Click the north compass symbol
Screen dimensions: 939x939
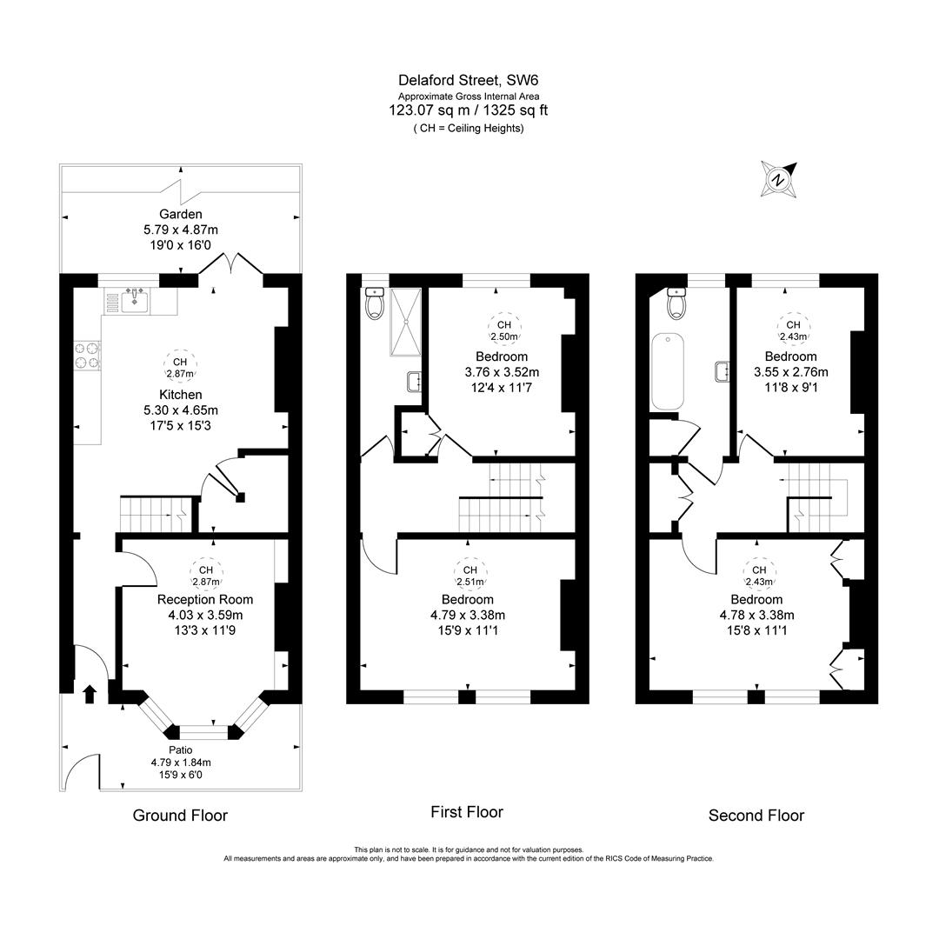coord(777,179)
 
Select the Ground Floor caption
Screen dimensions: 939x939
coord(180,815)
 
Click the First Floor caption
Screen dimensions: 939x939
coord(467,812)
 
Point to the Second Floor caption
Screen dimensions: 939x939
coord(756,815)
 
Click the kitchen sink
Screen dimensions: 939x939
coord(135,302)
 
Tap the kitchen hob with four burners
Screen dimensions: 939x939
coord(87,356)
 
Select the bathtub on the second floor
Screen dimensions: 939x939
coord(668,373)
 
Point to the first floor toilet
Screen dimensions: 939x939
coord(376,303)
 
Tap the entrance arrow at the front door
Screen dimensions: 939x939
coord(89,692)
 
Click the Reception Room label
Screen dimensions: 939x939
coord(205,599)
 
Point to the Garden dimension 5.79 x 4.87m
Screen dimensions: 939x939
coord(181,230)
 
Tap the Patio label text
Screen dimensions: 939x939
coord(181,749)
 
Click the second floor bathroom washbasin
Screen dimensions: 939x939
coord(722,371)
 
